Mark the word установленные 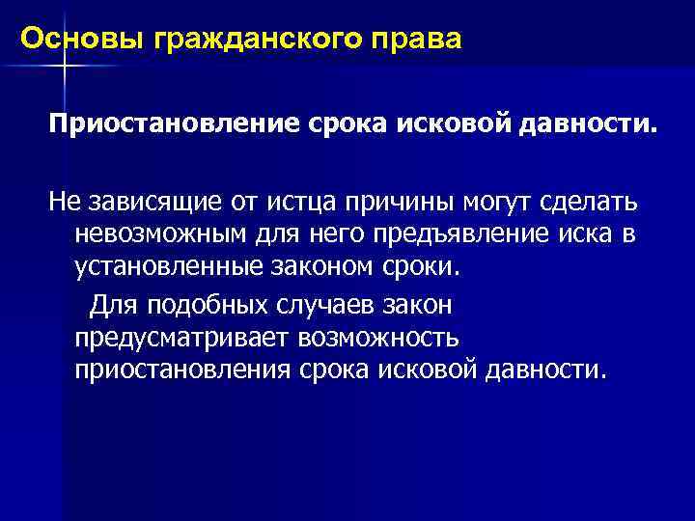point(164,266)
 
